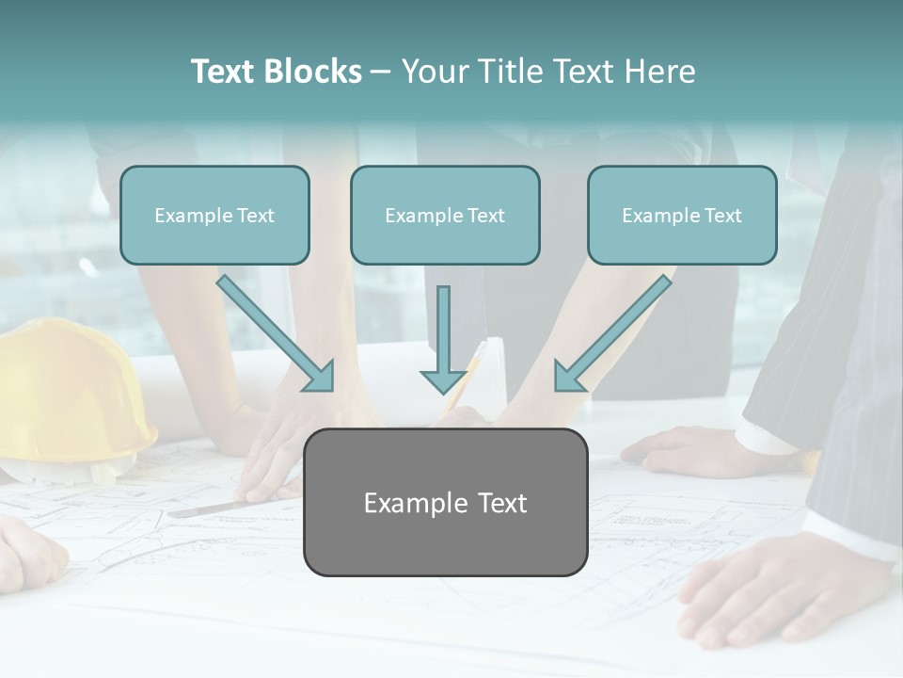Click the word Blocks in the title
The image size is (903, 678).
tap(314, 72)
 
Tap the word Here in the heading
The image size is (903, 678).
tap(661, 72)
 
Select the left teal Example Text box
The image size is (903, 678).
tap(214, 216)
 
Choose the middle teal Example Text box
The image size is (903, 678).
tap(445, 216)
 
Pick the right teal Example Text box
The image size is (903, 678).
tap(682, 216)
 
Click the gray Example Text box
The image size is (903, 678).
tap(445, 503)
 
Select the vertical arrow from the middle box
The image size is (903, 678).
tap(443, 339)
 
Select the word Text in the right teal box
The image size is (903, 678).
tap(723, 216)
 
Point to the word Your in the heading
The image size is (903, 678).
tap(434, 72)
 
